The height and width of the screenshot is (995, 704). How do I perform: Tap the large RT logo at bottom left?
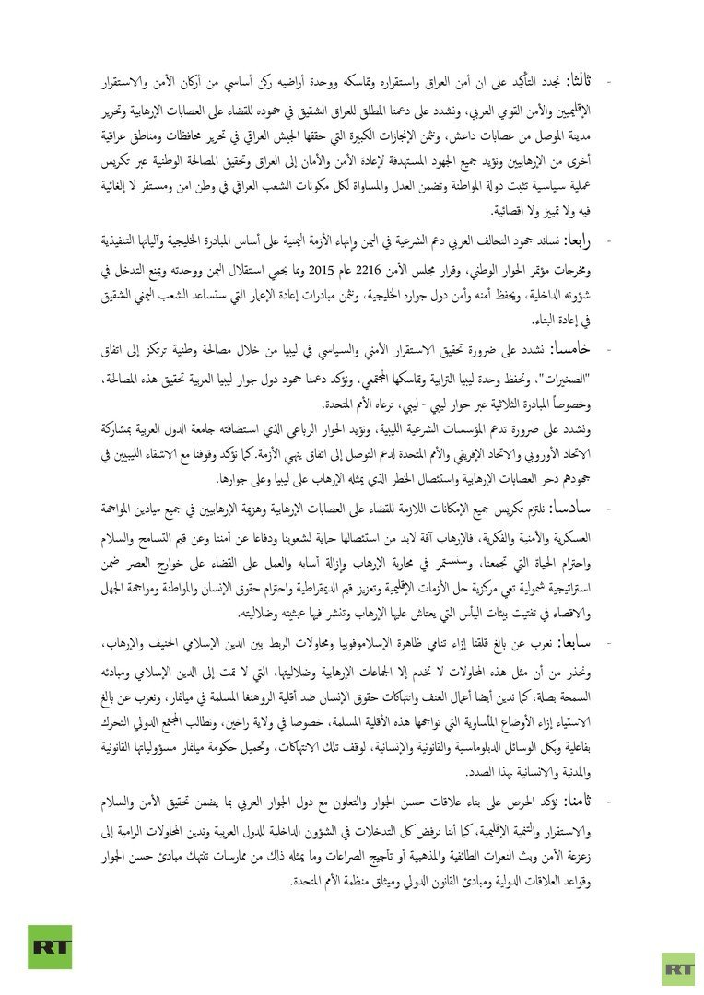(x=50, y=947)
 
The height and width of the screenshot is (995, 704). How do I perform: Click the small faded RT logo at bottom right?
(x=677, y=969)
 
